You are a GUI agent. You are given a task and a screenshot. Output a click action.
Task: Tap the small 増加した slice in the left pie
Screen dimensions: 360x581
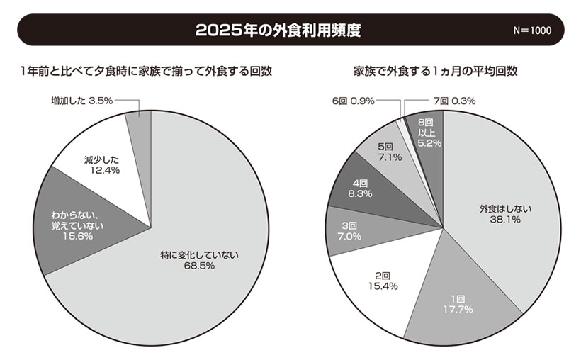tap(140, 123)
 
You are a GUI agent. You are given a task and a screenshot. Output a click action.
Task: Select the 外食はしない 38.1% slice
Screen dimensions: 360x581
tap(503, 213)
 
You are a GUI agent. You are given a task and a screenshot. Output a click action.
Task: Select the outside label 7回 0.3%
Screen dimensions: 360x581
tap(453, 101)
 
